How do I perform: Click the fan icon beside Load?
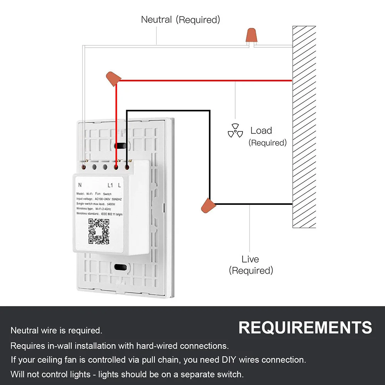click(x=235, y=131)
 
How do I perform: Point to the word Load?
click(x=261, y=131)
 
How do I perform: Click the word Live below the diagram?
click(x=250, y=259)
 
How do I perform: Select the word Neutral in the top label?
click(x=157, y=19)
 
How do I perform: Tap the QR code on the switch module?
click(x=99, y=231)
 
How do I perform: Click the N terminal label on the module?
click(x=80, y=184)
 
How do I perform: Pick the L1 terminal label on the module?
click(x=110, y=184)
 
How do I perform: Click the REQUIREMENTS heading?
click(x=305, y=328)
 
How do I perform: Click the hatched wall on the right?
click(x=304, y=127)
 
